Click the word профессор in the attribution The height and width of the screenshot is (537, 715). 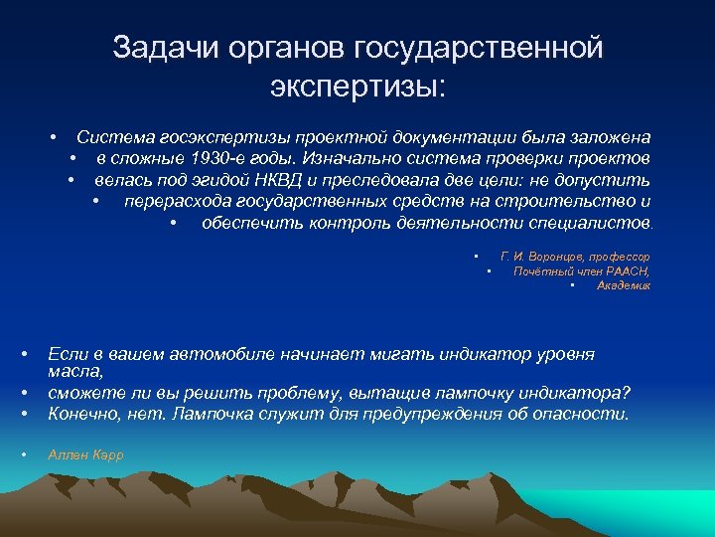pyautogui.click(x=623, y=257)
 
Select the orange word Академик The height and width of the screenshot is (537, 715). pyautogui.click(x=624, y=285)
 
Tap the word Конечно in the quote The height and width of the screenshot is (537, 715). pyautogui.click(x=83, y=414)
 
